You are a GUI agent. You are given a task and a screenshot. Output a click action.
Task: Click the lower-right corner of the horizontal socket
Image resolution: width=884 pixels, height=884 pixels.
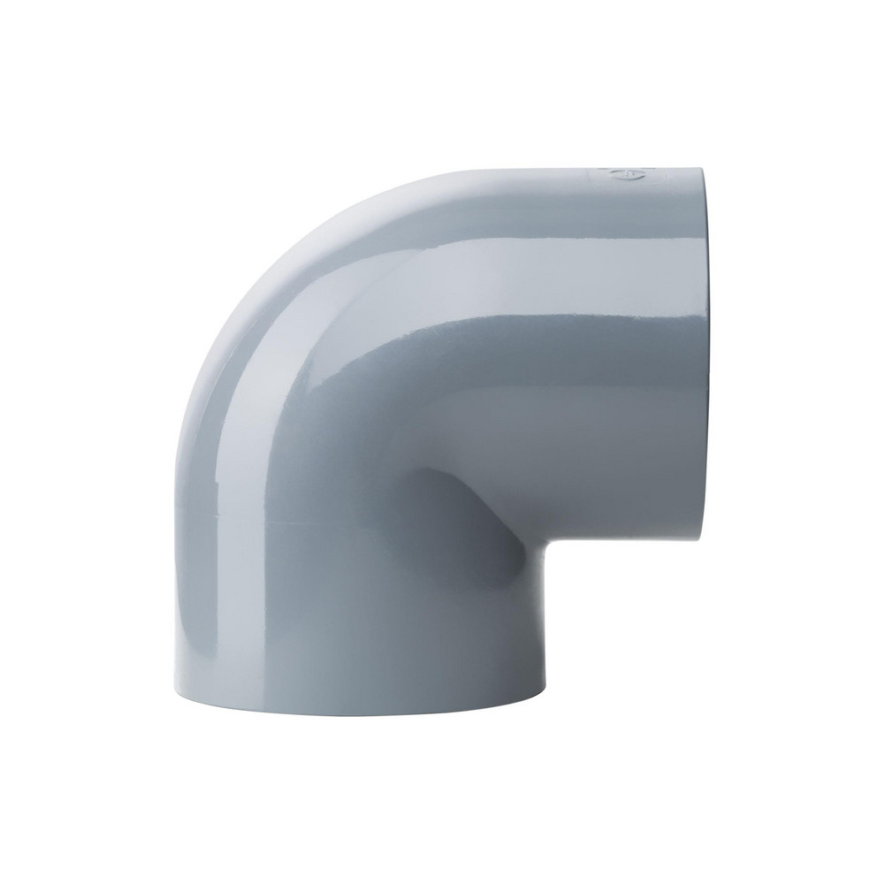pos(698,541)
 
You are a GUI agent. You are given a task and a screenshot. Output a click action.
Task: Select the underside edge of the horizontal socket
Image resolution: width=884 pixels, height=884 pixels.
pos(619,543)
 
